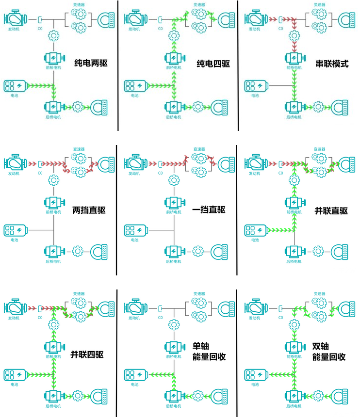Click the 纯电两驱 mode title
[x=91, y=63]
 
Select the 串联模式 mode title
[x=331, y=64]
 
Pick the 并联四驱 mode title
[x=87, y=354]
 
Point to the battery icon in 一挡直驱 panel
[x=135, y=229]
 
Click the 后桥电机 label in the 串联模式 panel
[x=294, y=116]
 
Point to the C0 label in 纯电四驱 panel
[x=160, y=29]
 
